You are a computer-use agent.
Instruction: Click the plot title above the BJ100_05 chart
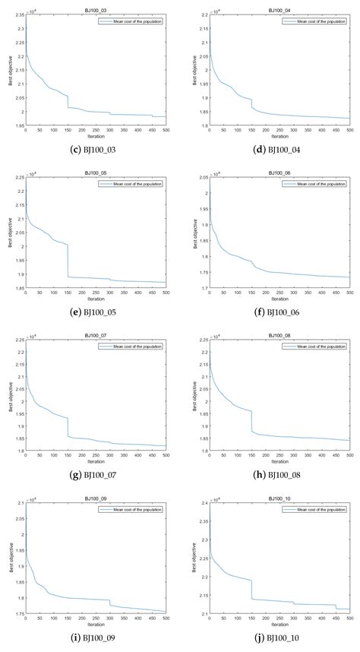click(x=96, y=174)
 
